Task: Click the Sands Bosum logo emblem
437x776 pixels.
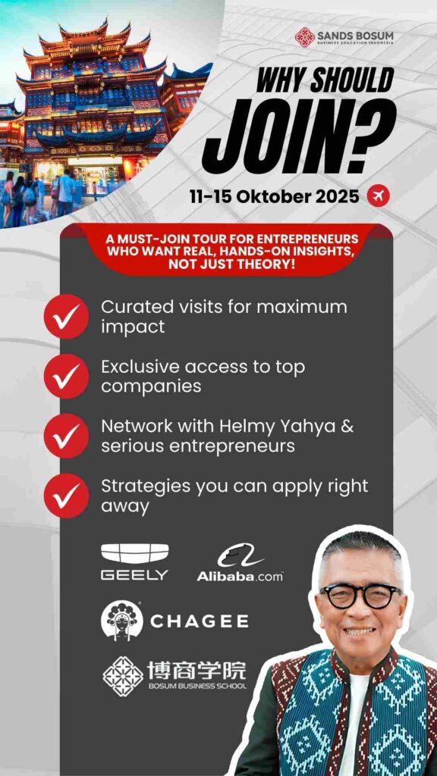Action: [x=305, y=37]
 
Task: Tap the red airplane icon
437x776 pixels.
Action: [x=378, y=196]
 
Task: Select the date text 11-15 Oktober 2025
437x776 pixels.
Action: [x=275, y=196]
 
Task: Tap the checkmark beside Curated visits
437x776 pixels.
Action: [x=66, y=316]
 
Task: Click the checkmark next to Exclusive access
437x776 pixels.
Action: [x=66, y=376]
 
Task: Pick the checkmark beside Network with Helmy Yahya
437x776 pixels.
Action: [x=66, y=436]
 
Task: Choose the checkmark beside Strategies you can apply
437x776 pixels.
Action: [x=66, y=496]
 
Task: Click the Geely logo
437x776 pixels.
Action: [x=135, y=562]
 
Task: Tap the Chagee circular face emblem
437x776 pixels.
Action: [x=122, y=620]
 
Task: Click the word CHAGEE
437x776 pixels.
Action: [x=200, y=621]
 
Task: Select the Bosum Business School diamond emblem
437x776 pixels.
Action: [x=122, y=677]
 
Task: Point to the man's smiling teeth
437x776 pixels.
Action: [x=360, y=632]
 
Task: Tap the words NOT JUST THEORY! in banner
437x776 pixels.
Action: [x=231, y=264]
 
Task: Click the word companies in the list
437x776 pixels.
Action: [x=151, y=386]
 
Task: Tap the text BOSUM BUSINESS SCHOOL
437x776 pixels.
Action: [x=196, y=687]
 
